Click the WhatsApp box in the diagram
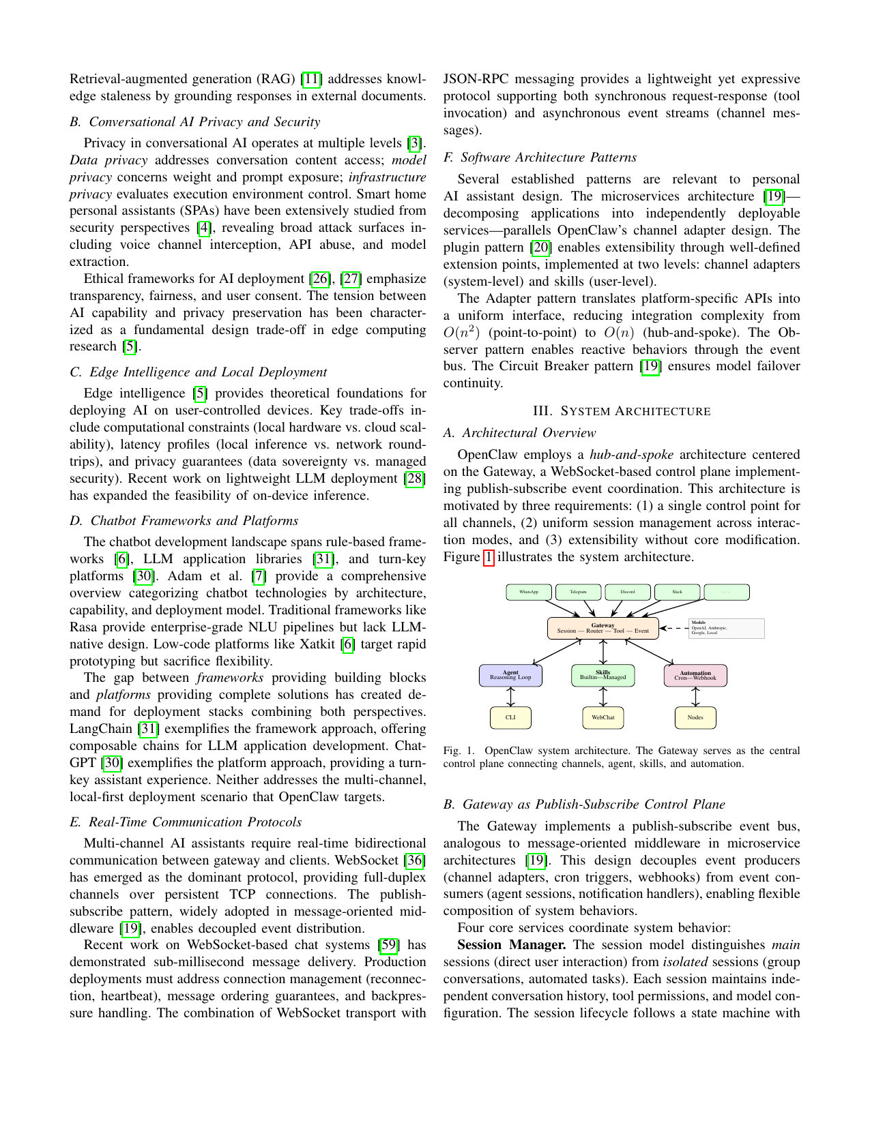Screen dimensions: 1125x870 [x=529, y=592]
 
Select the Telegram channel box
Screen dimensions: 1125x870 [x=579, y=592]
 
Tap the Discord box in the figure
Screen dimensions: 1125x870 [x=628, y=592]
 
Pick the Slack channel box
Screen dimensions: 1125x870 [x=677, y=592]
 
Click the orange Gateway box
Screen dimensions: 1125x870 [x=603, y=628]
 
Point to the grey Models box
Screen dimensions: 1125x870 [x=726, y=628]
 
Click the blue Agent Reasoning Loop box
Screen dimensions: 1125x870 [x=510, y=675]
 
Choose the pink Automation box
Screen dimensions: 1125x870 [x=695, y=675]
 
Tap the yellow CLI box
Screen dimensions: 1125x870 [x=510, y=717]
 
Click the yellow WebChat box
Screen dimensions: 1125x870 [x=603, y=717]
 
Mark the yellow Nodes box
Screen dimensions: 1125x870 [x=695, y=717]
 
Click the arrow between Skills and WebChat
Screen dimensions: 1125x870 [x=603, y=696]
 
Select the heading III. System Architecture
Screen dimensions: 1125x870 [x=622, y=411]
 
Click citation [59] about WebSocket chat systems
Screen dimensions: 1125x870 [x=388, y=945]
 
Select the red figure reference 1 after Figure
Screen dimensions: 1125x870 [x=488, y=557]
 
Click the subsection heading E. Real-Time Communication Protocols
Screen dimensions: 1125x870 [x=186, y=822]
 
